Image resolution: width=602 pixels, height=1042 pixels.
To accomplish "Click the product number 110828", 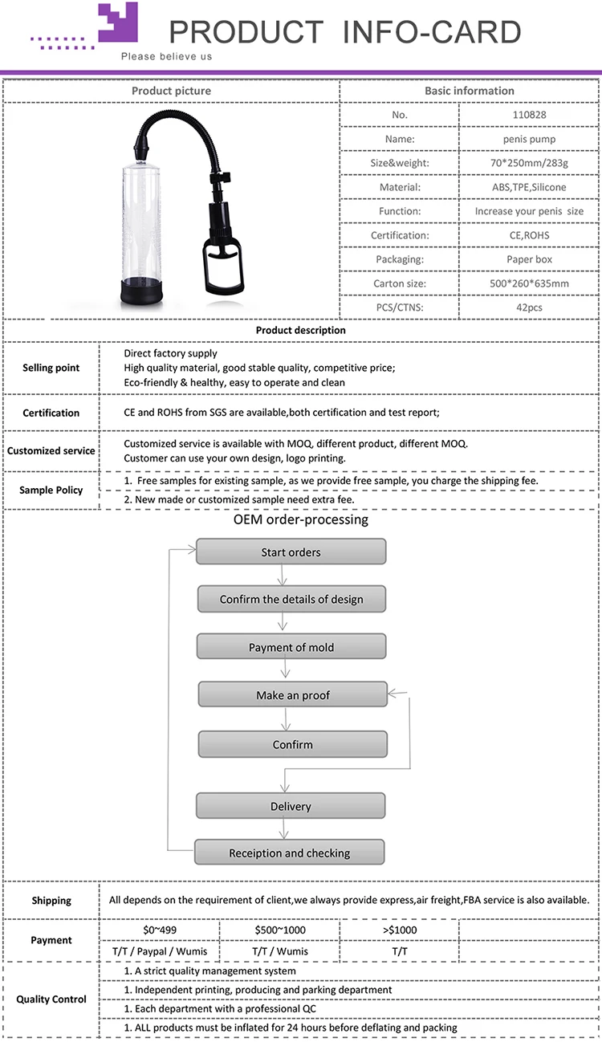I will (x=528, y=115).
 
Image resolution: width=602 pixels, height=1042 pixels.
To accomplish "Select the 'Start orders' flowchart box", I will (x=291, y=552).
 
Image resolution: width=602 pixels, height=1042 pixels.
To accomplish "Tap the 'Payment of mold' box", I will (x=291, y=647).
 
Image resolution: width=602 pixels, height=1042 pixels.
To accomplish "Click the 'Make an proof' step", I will (x=293, y=695).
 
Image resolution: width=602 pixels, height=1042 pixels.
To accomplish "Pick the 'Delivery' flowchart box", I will (x=291, y=806).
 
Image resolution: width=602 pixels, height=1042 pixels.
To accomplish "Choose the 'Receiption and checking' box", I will (x=290, y=853).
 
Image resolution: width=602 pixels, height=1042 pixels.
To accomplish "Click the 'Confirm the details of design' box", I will (x=291, y=599).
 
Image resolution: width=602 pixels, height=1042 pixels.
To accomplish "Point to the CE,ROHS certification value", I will (x=528, y=235).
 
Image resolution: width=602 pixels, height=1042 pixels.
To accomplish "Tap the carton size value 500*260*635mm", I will (x=528, y=283).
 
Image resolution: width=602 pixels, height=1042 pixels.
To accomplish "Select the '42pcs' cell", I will (x=528, y=307).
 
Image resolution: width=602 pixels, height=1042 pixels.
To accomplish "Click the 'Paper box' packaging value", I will (x=528, y=259).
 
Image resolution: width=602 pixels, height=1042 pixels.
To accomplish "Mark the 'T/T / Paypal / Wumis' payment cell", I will (x=158, y=951).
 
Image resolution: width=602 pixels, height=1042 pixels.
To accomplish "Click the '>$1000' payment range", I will (x=399, y=930).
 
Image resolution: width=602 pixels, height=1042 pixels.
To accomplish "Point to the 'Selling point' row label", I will (x=51, y=368).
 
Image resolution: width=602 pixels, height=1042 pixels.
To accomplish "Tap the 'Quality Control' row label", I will (x=51, y=999).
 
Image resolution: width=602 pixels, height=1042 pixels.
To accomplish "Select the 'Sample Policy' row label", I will (x=51, y=490).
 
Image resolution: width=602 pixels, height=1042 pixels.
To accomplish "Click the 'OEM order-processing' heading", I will (x=301, y=519).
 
